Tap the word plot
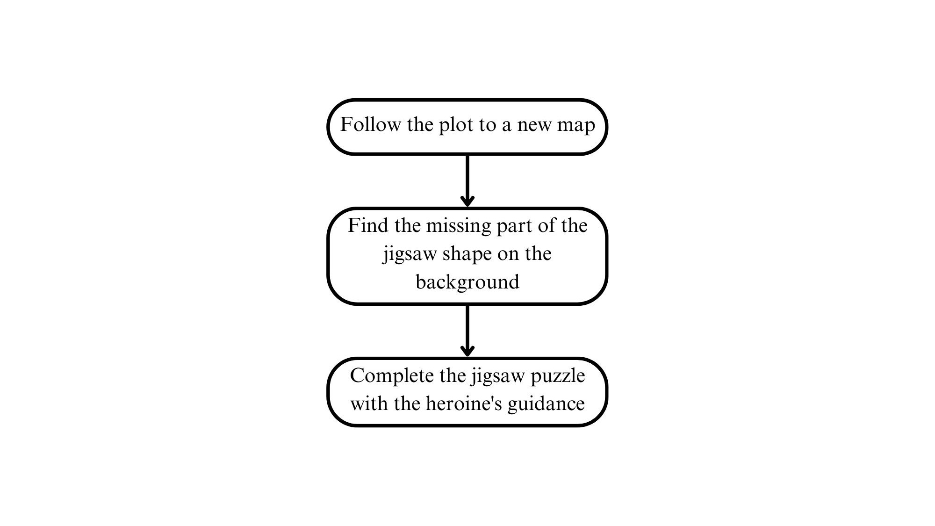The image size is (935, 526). (455, 125)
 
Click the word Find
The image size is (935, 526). (368, 225)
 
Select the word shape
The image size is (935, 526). (467, 255)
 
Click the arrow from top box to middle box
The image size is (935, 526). (467, 181)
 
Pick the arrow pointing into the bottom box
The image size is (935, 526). (467, 331)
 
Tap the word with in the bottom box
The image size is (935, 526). (369, 404)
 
